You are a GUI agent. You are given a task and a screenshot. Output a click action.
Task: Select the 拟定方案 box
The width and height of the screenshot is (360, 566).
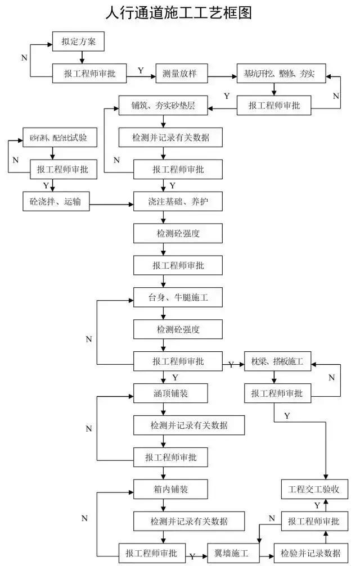78,41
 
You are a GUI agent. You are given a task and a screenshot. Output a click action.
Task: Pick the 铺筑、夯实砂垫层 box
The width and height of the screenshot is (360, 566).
163,105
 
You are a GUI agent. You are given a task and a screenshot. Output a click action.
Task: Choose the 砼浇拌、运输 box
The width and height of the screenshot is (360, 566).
55,201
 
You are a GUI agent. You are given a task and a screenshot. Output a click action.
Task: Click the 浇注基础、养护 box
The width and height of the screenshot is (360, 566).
174,201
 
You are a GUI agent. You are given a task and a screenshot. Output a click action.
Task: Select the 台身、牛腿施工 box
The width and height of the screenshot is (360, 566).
174,297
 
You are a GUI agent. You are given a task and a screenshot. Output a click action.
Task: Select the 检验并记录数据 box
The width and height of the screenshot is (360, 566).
307,552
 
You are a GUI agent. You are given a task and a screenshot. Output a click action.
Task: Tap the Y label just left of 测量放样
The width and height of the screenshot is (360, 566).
141,71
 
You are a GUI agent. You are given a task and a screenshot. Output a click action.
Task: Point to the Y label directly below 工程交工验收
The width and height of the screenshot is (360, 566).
317,505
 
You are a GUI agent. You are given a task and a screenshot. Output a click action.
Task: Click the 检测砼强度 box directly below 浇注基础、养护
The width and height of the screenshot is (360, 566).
174,233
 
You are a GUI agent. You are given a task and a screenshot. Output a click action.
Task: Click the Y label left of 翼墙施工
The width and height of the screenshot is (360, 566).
192,556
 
